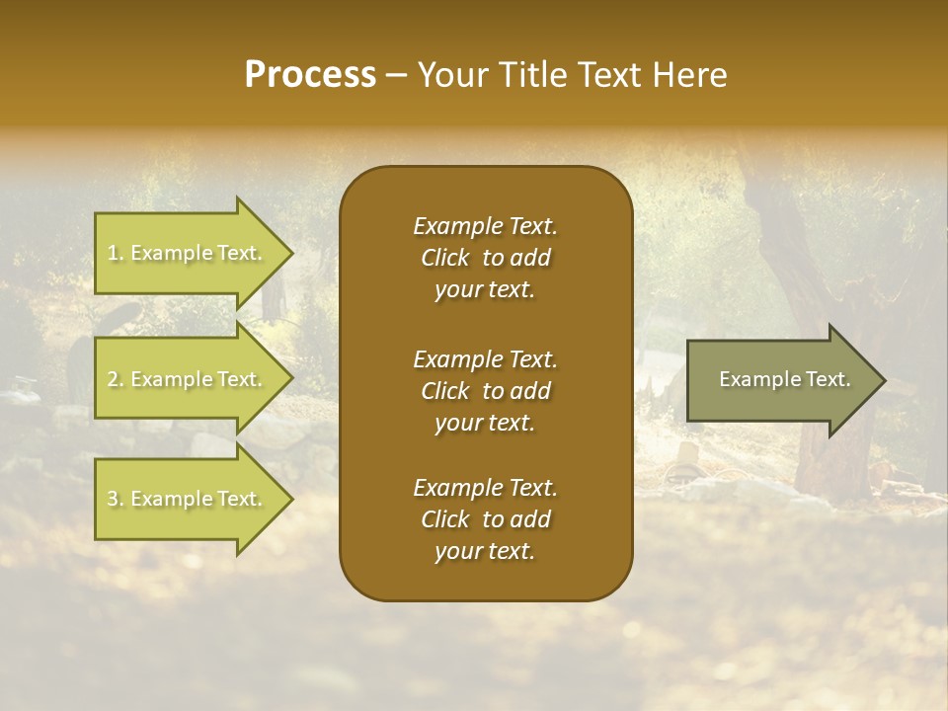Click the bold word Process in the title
click(x=310, y=75)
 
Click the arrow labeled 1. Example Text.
click(x=186, y=253)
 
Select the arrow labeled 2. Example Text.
click(x=186, y=379)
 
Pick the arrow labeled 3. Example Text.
click(x=186, y=499)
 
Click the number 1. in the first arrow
click(x=116, y=253)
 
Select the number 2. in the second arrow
click(x=116, y=379)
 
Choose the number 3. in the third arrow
click(x=116, y=499)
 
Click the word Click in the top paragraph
click(x=445, y=258)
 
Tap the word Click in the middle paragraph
click(x=445, y=391)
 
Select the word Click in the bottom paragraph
click(x=445, y=519)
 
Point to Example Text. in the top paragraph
click(x=485, y=226)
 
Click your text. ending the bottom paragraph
click(x=485, y=552)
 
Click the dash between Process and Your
click(x=397, y=75)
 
